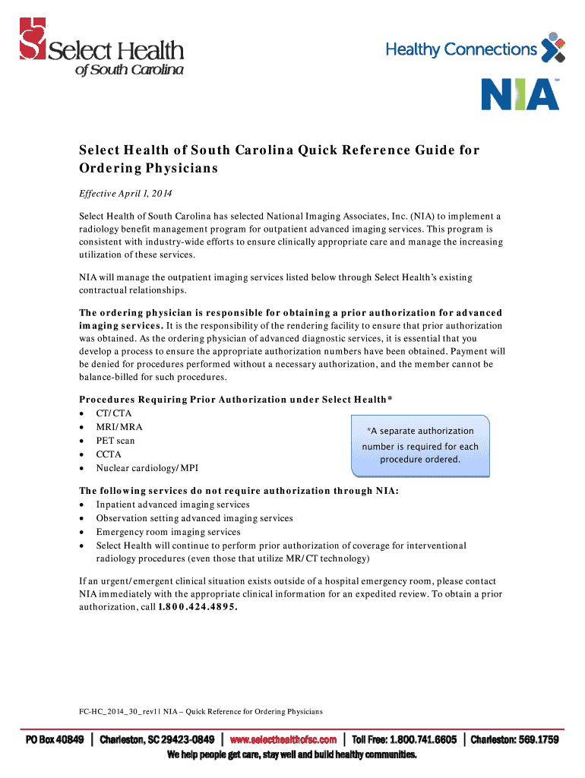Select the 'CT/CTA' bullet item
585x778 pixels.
pyautogui.click(x=113, y=413)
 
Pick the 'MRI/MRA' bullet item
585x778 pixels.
pyautogui.click(x=119, y=427)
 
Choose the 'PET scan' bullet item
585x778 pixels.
pyautogui.click(x=115, y=441)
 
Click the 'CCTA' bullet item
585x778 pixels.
pyautogui.click(x=109, y=454)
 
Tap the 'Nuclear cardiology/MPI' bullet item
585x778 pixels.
pyautogui.click(x=147, y=468)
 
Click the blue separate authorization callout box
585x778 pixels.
pyautogui.click(x=420, y=445)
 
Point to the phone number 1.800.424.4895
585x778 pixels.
pyautogui.click(x=192, y=607)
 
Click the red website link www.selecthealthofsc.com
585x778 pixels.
pyautogui.click(x=283, y=740)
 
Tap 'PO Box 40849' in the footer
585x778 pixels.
pyautogui.click(x=55, y=740)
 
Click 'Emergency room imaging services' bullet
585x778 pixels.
pyautogui.click(x=168, y=532)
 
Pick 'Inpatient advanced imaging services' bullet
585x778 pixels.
pyautogui.click(x=172, y=504)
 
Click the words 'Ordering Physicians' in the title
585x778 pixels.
pyautogui.click(x=149, y=168)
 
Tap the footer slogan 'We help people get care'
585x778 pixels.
pyautogui.click(x=292, y=755)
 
